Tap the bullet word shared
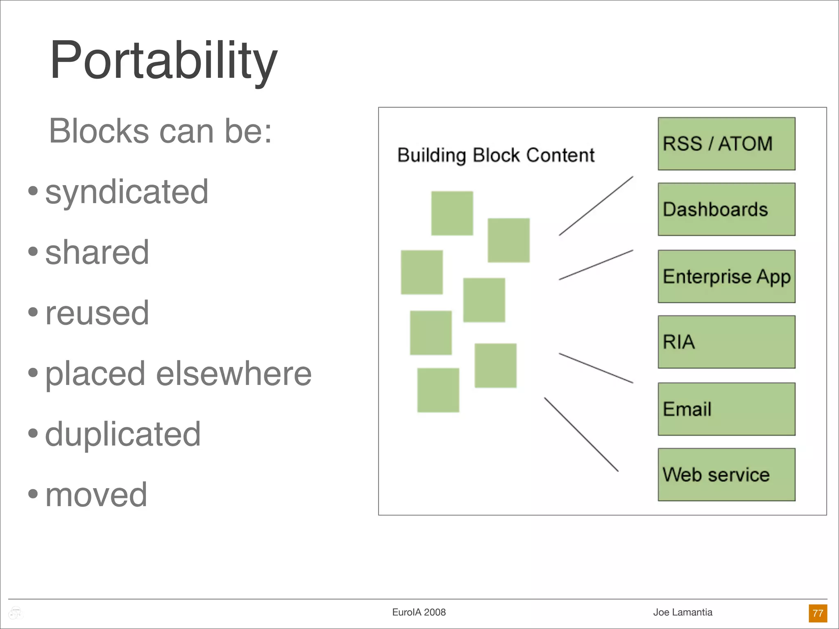97,252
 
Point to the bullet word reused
97,313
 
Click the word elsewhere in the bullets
234,373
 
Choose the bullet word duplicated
123,434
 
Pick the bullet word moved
96,495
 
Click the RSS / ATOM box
726,144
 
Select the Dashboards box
726,209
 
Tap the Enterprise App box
726,276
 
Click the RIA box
726,342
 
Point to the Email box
726,409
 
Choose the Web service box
726,475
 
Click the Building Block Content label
496,155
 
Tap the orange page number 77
818,613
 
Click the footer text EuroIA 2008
419,612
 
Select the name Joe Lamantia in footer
683,612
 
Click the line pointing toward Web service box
581,434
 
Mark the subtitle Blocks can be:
160,131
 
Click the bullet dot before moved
33,493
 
